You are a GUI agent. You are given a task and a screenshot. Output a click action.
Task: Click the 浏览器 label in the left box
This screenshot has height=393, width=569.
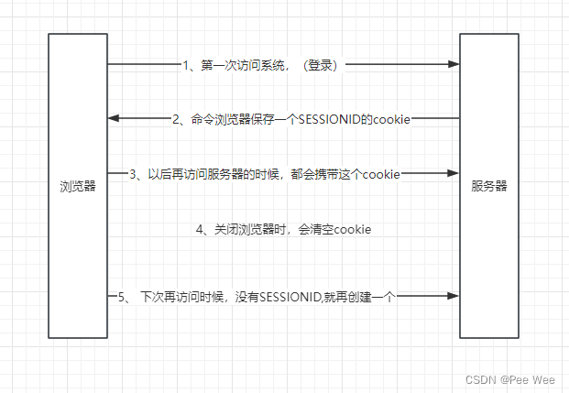click(x=76, y=186)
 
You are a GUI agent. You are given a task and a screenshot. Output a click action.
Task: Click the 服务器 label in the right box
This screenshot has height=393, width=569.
click(x=488, y=186)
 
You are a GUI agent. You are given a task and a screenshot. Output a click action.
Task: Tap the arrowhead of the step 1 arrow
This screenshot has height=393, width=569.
click(x=454, y=65)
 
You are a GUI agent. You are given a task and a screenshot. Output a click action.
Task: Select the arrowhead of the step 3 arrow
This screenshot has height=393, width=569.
click(x=454, y=173)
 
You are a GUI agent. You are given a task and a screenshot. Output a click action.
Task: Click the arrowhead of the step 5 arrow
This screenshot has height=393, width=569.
click(x=454, y=296)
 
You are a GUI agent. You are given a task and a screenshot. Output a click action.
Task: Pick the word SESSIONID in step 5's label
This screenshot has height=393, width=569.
click(x=289, y=297)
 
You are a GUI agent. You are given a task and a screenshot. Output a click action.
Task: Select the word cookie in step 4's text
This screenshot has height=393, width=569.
click(x=352, y=229)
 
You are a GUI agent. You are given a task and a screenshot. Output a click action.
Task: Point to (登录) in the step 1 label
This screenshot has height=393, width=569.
click(x=321, y=66)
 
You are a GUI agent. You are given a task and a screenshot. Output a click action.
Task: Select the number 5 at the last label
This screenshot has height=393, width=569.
click(x=122, y=297)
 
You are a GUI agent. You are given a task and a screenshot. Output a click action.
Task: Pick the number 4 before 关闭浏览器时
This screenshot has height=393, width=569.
click(x=199, y=229)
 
